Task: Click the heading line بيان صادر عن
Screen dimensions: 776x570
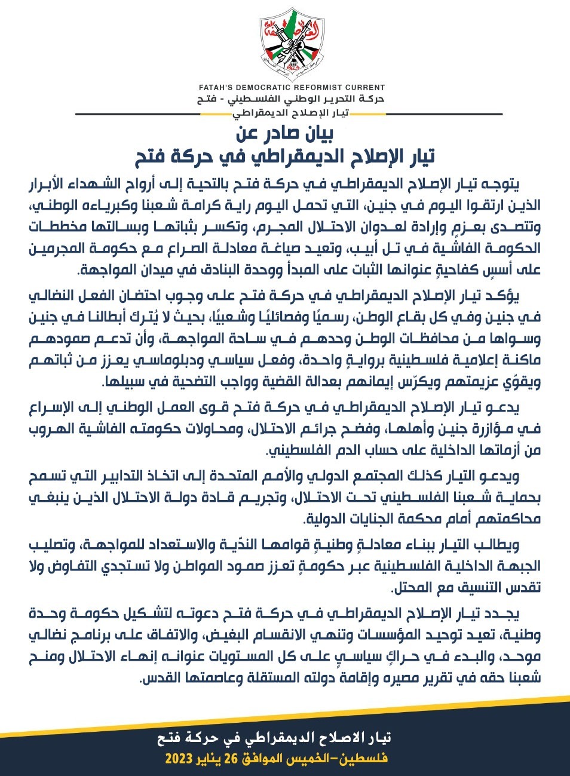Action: pos(284,133)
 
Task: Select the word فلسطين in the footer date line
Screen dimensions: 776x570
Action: pos(366,759)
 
